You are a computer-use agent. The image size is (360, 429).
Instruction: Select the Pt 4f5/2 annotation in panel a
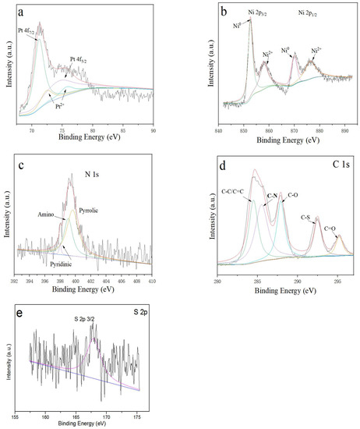(x=83, y=61)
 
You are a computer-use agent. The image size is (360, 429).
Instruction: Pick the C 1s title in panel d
(x=338, y=164)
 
